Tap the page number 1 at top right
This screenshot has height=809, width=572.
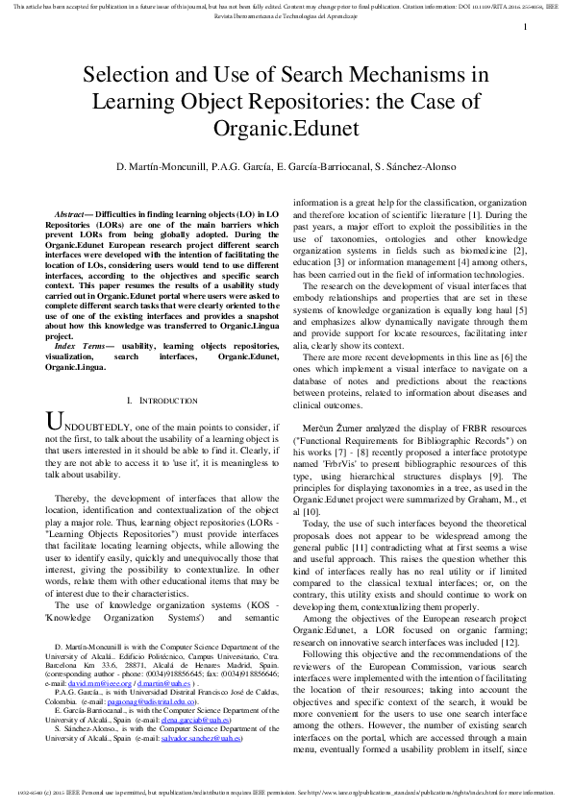click(x=525, y=28)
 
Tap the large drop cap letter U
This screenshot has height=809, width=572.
click(x=56, y=395)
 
